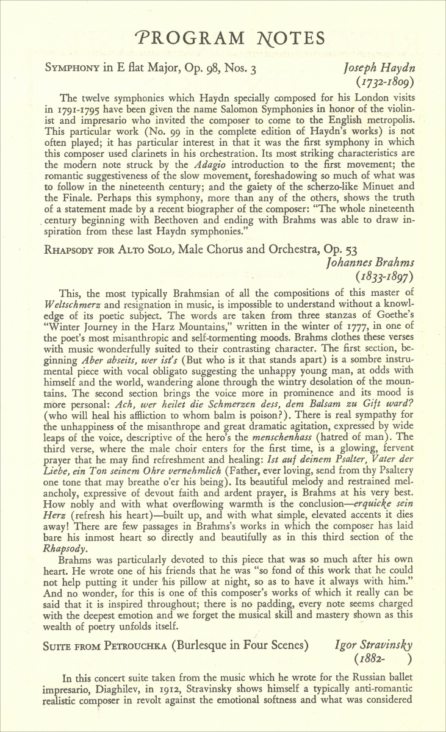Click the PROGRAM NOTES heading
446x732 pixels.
(231, 38)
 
